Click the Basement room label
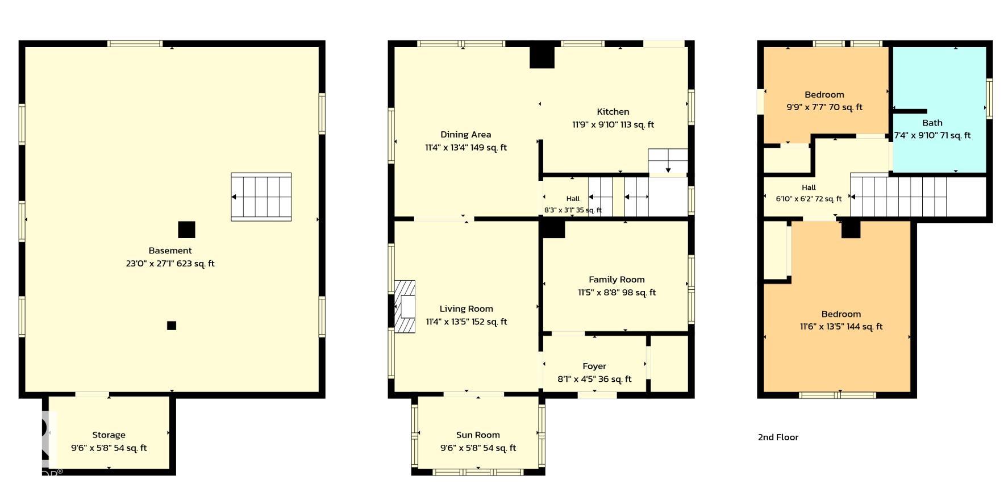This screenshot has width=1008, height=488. pos(170,251)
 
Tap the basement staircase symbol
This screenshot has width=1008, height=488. pos(261,197)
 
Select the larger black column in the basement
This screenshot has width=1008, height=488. pos(186,230)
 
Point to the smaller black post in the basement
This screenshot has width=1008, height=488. pos(172,326)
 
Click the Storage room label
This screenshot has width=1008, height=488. pos(109,435)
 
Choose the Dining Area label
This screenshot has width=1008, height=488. pos(466,135)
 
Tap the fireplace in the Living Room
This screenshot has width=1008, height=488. pos(405,306)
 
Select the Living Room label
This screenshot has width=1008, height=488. pos(466,309)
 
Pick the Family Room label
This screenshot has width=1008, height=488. pos(617,280)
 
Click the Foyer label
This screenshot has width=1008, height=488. pos(594,366)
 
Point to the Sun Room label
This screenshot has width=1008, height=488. pos(478,435)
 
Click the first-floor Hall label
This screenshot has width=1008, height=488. pos(573,199)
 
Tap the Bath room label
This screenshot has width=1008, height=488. pos(932,123)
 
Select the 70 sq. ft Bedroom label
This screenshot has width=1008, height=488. pos(824,95)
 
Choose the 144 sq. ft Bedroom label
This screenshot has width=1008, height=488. pos(841,314)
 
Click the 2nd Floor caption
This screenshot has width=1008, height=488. pos(778,437)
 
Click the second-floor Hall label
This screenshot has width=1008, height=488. pos(809,187)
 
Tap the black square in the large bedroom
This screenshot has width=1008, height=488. pos(851,229)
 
